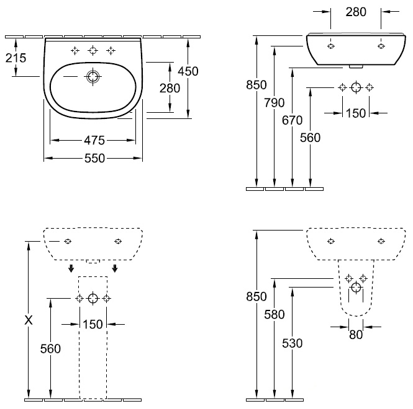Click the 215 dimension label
16,58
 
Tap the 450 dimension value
188,71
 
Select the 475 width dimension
94,141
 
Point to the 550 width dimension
95,158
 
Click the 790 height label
275,103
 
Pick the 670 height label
292,120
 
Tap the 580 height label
275,314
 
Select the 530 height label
293,343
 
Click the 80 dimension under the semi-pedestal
356,335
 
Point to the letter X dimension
29,320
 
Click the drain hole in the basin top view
93,76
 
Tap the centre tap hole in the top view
93,50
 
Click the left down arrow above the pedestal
71,268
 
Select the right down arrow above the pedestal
115,268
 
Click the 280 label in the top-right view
356,12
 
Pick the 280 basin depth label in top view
170,89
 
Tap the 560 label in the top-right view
311,138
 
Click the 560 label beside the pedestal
50,349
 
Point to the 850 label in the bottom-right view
256,296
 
